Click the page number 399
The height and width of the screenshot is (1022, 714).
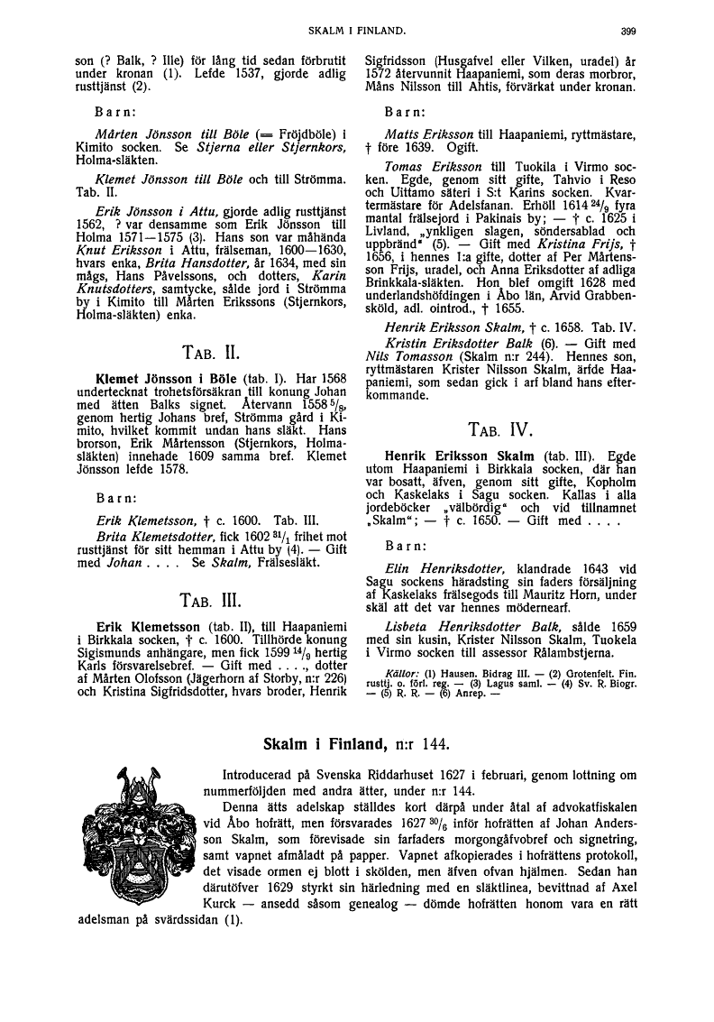click(628, 32)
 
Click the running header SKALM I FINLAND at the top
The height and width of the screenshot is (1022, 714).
click(356, 32)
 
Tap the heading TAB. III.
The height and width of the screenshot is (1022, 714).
click(211, 598)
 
